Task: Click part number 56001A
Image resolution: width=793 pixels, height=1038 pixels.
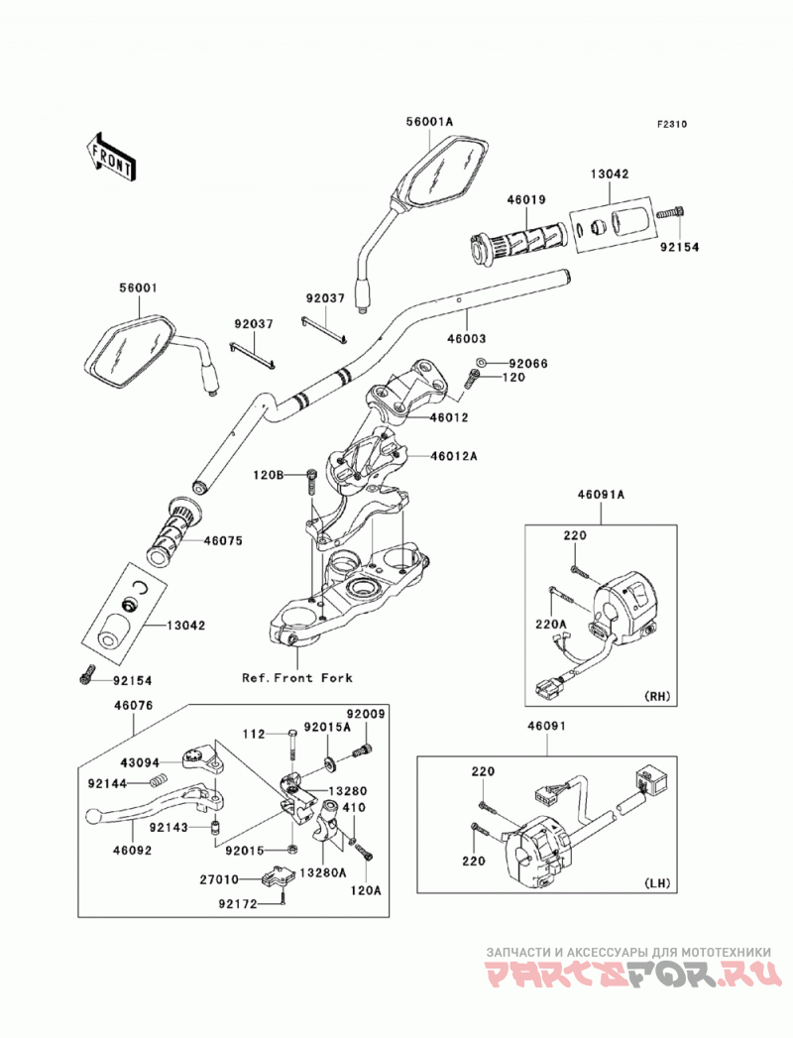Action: click(429, 121)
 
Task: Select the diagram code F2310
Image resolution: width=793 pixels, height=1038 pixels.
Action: click(672, 124)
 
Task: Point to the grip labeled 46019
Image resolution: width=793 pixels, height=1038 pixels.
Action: click(517, 246)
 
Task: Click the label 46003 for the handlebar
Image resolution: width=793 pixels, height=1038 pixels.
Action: click(466, 338)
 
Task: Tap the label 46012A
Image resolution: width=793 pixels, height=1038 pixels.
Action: click(453, 456)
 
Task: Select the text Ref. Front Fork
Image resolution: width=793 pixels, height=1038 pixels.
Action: click(297, 678)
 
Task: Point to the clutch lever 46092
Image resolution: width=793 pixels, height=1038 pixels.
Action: click(155, 801)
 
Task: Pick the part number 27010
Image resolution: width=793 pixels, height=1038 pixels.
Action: click(219, 879)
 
